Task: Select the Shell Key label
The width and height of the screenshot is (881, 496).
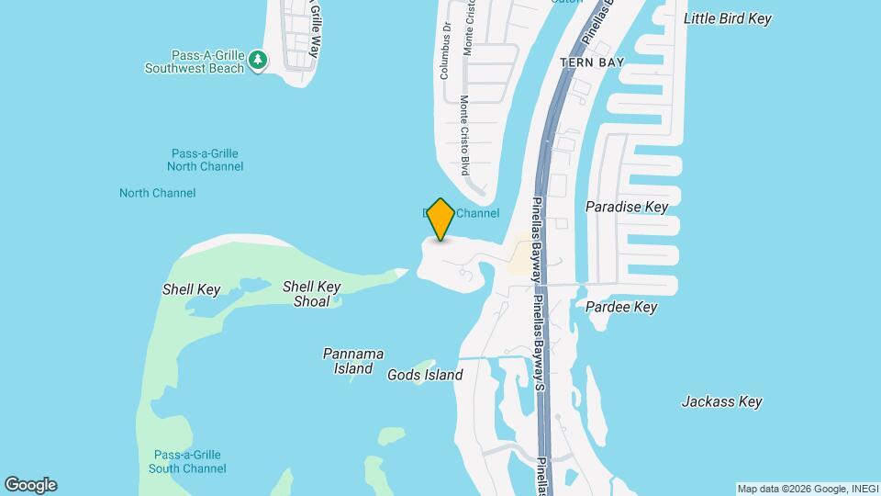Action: (x=191, y=289)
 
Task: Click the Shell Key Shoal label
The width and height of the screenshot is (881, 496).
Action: (x=311, y=294)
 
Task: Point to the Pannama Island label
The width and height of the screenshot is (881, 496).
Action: (x=352, y=361)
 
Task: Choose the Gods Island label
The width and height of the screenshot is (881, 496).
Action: (x=425, y=375)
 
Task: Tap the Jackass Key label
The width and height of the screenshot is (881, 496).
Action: (x=721, y=401)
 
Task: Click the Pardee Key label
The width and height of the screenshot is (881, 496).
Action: (x=621, y=307)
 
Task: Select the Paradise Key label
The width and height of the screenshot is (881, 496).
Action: (x=627, y=207)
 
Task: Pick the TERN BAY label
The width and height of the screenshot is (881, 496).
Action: (x=592, y=62)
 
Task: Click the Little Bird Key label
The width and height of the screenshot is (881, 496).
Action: (x=728, y=18)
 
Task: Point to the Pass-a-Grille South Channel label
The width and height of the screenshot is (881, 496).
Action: (x=187, y=461)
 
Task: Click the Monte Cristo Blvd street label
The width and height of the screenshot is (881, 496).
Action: (x=465, y=135)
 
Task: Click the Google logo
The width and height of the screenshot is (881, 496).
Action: (x=29, y=485)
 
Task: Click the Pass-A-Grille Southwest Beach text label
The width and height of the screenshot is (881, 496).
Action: (x=195, y=62)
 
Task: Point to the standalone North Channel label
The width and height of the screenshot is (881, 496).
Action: (x=157, y=193)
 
